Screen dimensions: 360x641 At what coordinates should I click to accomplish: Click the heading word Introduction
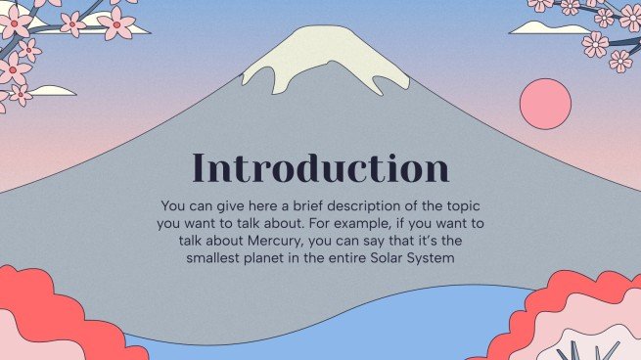pos(320,167)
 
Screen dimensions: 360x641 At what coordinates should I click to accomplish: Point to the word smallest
pos(216,258)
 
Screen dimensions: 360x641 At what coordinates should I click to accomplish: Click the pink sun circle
pos(545,106)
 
